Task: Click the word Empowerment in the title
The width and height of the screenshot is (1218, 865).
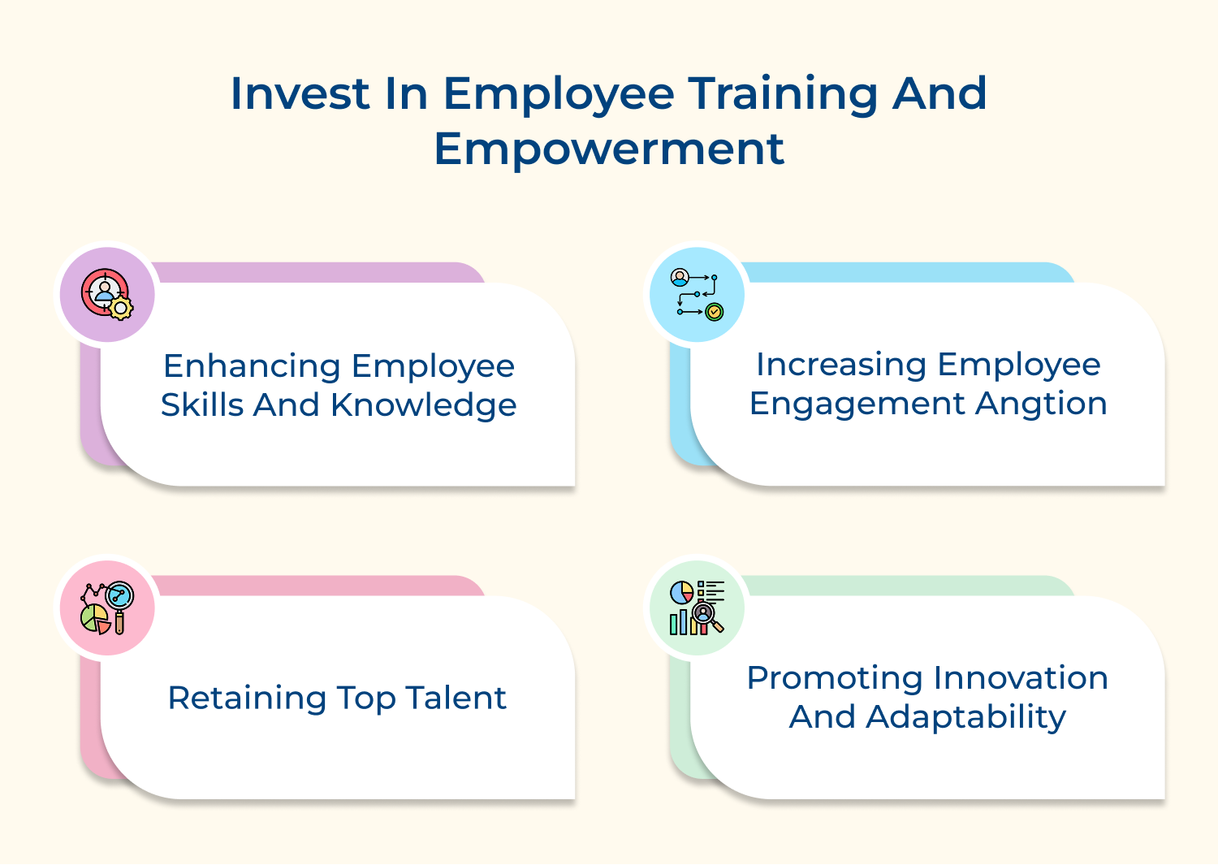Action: pos(609,149)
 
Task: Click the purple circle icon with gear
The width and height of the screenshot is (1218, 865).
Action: pos(107,295)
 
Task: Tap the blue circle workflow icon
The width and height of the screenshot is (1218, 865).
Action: pos(697,295)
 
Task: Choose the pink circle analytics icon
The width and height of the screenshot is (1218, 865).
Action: pos(107,608)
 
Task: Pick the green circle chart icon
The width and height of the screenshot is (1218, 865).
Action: pos(697,608)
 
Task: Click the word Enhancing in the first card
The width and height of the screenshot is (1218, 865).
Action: pos(251,367)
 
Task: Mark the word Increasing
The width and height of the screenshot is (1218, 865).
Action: pos(841,365)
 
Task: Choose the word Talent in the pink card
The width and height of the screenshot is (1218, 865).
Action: pos(456,698)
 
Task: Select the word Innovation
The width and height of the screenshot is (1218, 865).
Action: pos(1021,678)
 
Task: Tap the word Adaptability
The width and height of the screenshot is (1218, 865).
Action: pos(965,717)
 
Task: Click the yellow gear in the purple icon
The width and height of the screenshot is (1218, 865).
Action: pos(121,308)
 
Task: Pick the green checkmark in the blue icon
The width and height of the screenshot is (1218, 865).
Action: pos(715,311)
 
